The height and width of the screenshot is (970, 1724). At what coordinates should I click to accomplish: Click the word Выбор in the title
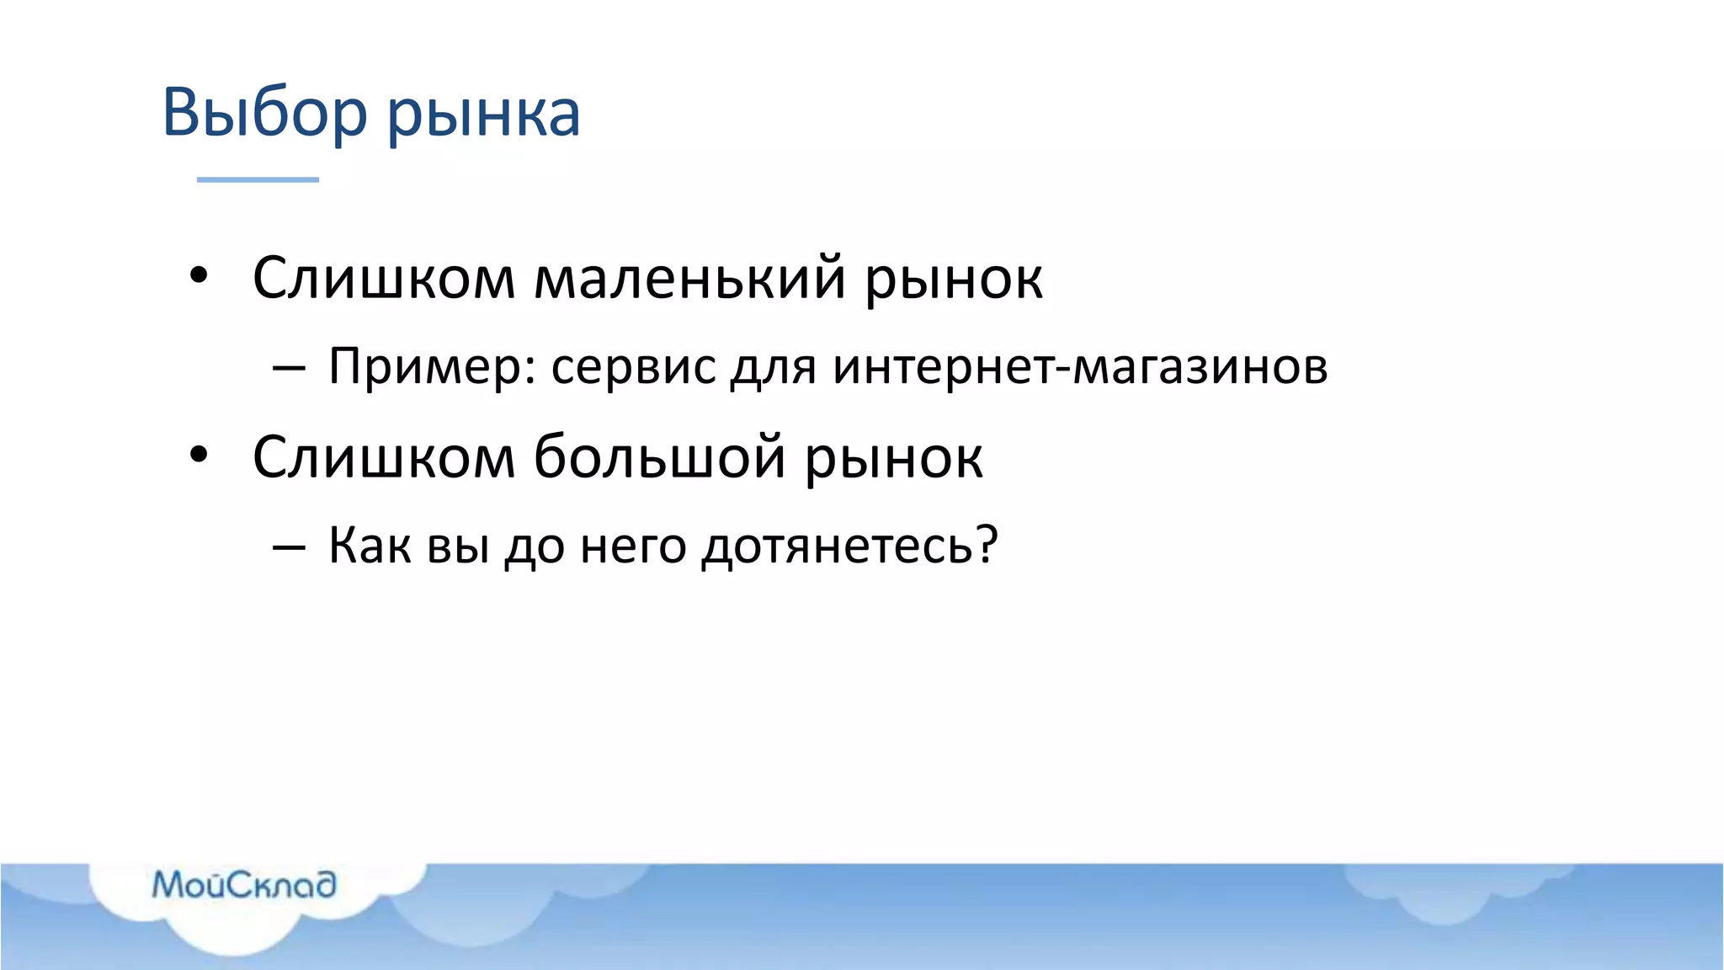tap(264, 112)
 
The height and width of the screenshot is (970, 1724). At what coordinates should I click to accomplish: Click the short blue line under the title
tap(258, 179)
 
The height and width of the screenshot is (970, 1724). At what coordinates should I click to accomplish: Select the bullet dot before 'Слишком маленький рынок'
tap(199, 275)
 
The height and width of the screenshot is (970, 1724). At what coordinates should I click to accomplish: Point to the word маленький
tap(689, 277)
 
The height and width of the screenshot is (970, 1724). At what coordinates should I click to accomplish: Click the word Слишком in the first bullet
tap(383, 277)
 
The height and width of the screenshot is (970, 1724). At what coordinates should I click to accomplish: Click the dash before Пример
tap(289, 368)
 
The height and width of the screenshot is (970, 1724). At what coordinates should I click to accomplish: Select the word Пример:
tap(432, 367)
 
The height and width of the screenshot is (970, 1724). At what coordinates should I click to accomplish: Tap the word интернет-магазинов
tap(1080, 367)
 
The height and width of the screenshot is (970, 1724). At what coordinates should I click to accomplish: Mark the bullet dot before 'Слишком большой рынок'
tap(199, 455)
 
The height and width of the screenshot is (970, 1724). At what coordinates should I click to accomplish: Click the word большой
tap(659, 456)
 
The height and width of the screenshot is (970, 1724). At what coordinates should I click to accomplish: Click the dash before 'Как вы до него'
tap(289, 547)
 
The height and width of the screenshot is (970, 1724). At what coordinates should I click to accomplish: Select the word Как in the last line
tap(370, 545)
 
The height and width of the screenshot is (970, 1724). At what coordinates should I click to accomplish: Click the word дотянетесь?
tap(849, 546)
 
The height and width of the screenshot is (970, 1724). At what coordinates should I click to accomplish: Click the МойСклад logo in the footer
tap(244, 885)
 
